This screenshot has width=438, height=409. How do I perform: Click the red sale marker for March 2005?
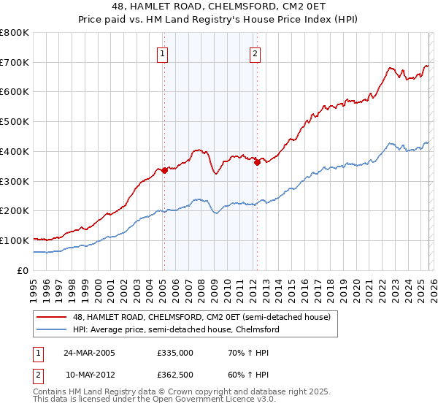[x=164, y=170]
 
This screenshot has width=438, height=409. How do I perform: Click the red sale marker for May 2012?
[x=257, y=162]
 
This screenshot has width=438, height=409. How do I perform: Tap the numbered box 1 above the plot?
[x=161, y=53]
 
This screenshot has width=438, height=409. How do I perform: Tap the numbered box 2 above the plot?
[x=255, y=53]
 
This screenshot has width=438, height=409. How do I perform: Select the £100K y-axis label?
[x=15, y=240]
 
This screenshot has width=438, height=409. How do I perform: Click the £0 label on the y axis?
[x=23, y=270]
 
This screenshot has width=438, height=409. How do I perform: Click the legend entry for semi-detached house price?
[x=201, y=317]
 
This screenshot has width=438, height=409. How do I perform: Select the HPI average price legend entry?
[x=175, y=329]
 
